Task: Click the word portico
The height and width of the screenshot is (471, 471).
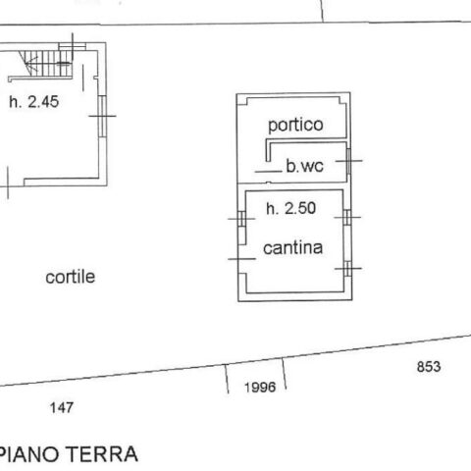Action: [295, 125]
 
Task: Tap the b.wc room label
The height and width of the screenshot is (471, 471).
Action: [305, 166]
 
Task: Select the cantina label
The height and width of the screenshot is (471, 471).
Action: [292, 248]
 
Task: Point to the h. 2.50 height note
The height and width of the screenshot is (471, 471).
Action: [290, 208]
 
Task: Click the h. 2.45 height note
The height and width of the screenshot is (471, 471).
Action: [34, 102]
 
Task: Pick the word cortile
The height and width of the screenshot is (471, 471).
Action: [71, 277]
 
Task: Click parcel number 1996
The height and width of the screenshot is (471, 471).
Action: [260, 388]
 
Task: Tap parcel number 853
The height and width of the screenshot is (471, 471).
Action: [429, 367]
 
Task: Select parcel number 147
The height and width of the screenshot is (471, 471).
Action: [62, 408]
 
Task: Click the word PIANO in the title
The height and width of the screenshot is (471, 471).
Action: [30, 454]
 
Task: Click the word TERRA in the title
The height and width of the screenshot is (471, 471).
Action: [102, 454]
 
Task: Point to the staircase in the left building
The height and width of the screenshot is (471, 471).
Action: [45, 63]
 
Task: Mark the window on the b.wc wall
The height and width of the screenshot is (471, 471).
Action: [348, 161]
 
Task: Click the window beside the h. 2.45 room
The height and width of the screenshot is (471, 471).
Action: [102, 116]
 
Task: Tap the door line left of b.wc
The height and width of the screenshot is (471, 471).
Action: [268, 171]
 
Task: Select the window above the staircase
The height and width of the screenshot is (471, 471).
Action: [73, 46]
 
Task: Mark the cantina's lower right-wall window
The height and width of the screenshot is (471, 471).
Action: [348, 269]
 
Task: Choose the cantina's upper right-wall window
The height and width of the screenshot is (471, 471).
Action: [347, 217]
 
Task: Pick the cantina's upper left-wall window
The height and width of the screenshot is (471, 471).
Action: [242, 219]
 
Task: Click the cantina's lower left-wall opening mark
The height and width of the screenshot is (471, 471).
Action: [241, 259]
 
